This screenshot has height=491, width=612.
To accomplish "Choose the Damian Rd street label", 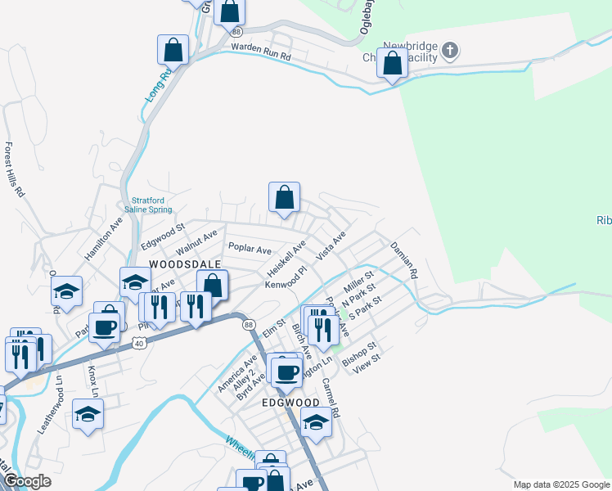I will click(x=403, y=259).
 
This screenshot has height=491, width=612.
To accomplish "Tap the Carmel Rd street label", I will click(x=330, y=396).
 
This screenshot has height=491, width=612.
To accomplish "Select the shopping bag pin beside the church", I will click(x=393, y=63).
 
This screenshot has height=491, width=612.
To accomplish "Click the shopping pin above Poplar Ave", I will click(x=284, y=198).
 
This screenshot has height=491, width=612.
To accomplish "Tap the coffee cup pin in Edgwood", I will click(x=286, y=372).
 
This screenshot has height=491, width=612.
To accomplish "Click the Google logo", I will click(x=27, y=481).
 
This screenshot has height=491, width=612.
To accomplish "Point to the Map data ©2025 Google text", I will click(x=560, y=484).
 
